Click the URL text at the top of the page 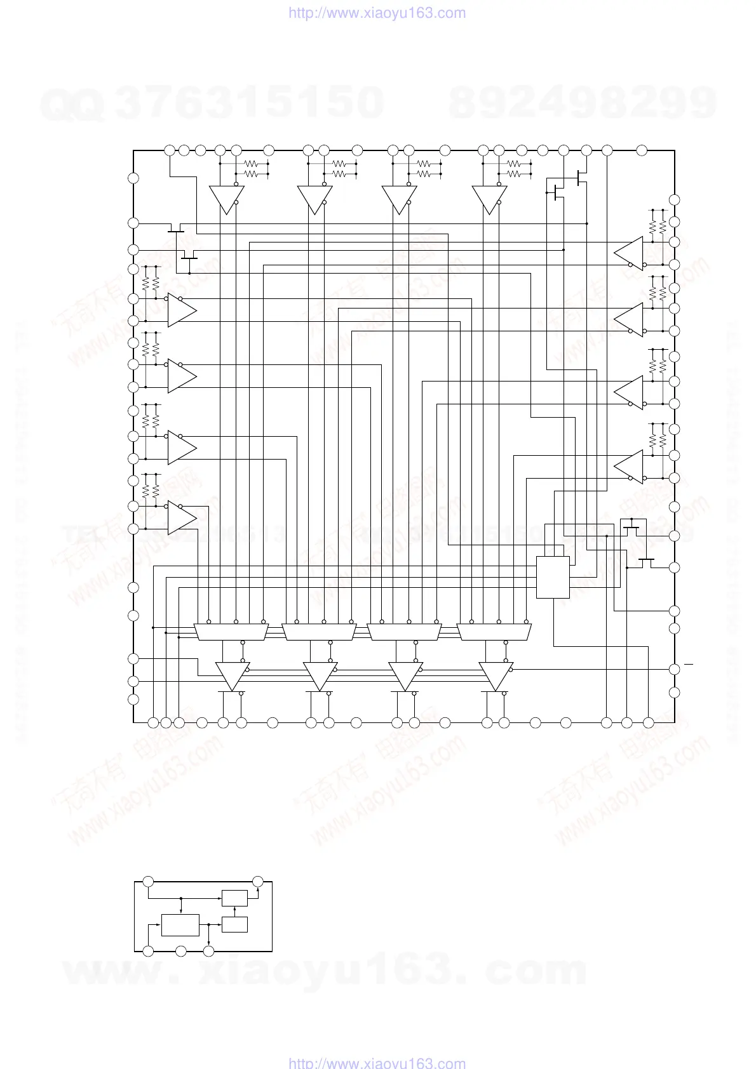point(377,13)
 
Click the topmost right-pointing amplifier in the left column point(181,310)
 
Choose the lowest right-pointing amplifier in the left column point(181,517)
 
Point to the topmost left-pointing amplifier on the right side point(630,253)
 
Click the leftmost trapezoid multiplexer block point(231,632)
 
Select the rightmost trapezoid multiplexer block point(494,632)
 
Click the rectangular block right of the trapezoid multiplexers point(553,577)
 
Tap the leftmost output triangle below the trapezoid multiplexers point(231,675)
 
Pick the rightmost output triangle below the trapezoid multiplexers point(495,675)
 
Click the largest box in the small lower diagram point(180,925)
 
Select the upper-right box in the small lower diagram point(234,899)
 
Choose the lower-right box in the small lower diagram point(234,924)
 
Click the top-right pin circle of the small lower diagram point(258,881)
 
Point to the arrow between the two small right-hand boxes point(234,912)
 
